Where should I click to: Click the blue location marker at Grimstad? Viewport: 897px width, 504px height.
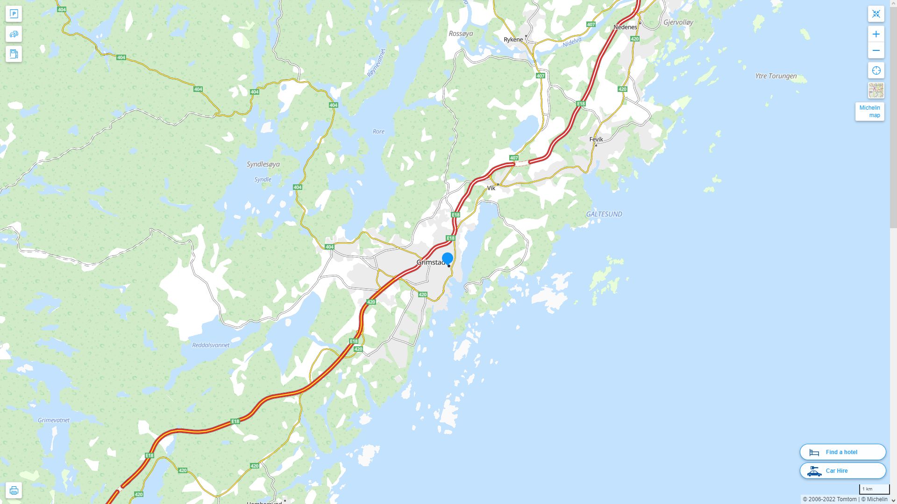click(x=448, y=258)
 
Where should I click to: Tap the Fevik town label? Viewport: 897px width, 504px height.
click(x=596, y=139)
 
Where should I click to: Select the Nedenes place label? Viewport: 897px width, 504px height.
click(x=625, y=27)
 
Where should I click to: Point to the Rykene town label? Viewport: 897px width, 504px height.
click(x=513, y=40)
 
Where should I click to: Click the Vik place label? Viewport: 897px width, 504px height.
click(x=491, y=188)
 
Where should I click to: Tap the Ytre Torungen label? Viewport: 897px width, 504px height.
click(x=776, y=76)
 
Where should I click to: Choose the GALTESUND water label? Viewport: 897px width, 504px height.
click(x=604, y=214)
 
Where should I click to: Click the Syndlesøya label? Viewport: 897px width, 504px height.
click(x=263, y=164)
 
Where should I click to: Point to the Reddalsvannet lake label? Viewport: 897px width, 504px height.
click(x=211, y=345)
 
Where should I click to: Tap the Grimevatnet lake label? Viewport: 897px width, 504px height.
click(x=54, y=420)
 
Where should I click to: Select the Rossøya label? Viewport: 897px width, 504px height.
click(x=461, y=34)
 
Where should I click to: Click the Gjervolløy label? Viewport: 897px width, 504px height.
click(x=678, y=22)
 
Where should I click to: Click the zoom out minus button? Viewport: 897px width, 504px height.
click(x=876, y=50)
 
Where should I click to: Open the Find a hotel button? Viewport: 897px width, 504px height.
click(x=842, y=452)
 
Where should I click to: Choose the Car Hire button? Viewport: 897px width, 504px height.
click(x=842, y=470)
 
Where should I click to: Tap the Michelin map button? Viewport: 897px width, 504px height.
click(x=869, y=112)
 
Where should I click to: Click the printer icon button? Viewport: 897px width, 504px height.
click(x=14, y=490)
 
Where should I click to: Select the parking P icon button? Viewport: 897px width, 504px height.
click(x=14, y=14)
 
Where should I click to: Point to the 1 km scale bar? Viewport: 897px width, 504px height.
click(x=874, y=489)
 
